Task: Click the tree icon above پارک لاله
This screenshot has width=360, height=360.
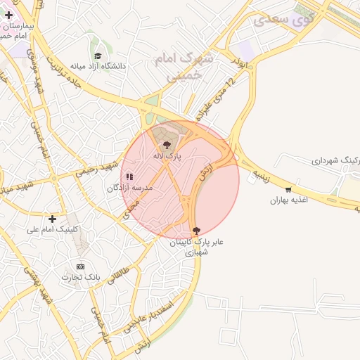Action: click(x=166, y=145)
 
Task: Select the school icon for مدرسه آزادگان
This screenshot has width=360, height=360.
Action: click(x=129, y=176)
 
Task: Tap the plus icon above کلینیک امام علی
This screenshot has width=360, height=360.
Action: click(x=52, y=219)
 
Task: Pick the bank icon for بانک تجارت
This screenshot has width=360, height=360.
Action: click(x=80, y=266)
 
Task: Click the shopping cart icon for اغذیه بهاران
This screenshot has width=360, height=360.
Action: click(x=288, y=189)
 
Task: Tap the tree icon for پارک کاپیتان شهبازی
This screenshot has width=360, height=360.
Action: click(x=195, y=230)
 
